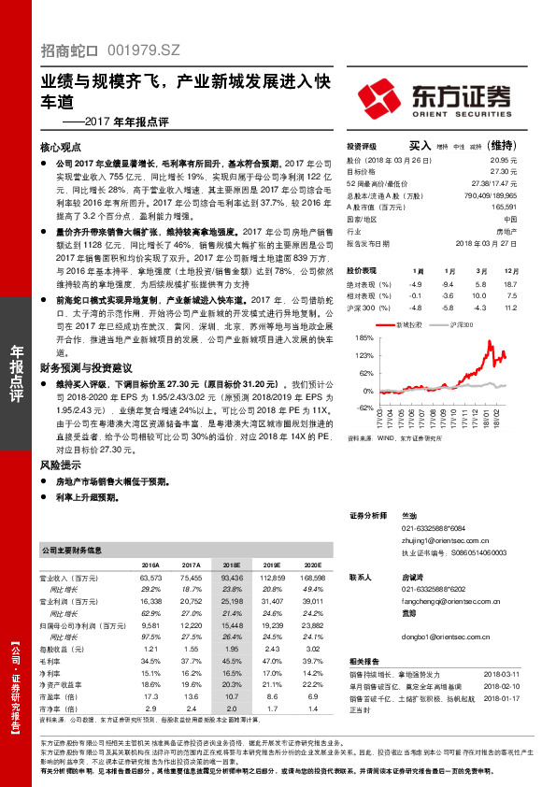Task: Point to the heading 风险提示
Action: tap(61, 465)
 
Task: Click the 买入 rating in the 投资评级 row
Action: tap(420, 146)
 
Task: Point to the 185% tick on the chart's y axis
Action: tap(364, 338)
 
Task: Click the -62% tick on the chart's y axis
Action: tap(363, 408)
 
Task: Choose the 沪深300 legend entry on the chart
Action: tap(462, 325)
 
